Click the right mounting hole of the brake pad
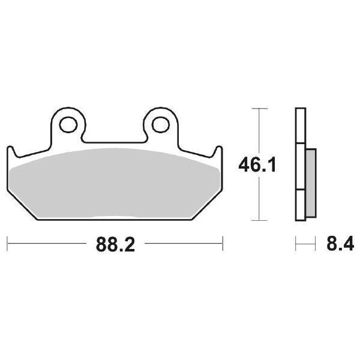click(160, 124)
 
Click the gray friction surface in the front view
click(114, 183)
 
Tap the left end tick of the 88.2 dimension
click(7, 244)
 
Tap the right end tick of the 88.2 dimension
click(223, 244)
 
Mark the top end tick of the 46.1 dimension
click(258, 109)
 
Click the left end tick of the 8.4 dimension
click(296, 244)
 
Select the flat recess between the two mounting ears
click(114, 142)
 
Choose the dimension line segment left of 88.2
click(45, 244)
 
